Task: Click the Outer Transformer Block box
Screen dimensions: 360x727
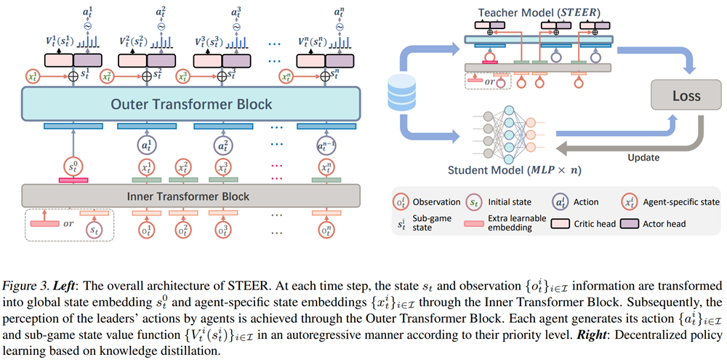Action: (191, 104)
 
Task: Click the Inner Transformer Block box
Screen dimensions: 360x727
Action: (191, 196)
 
